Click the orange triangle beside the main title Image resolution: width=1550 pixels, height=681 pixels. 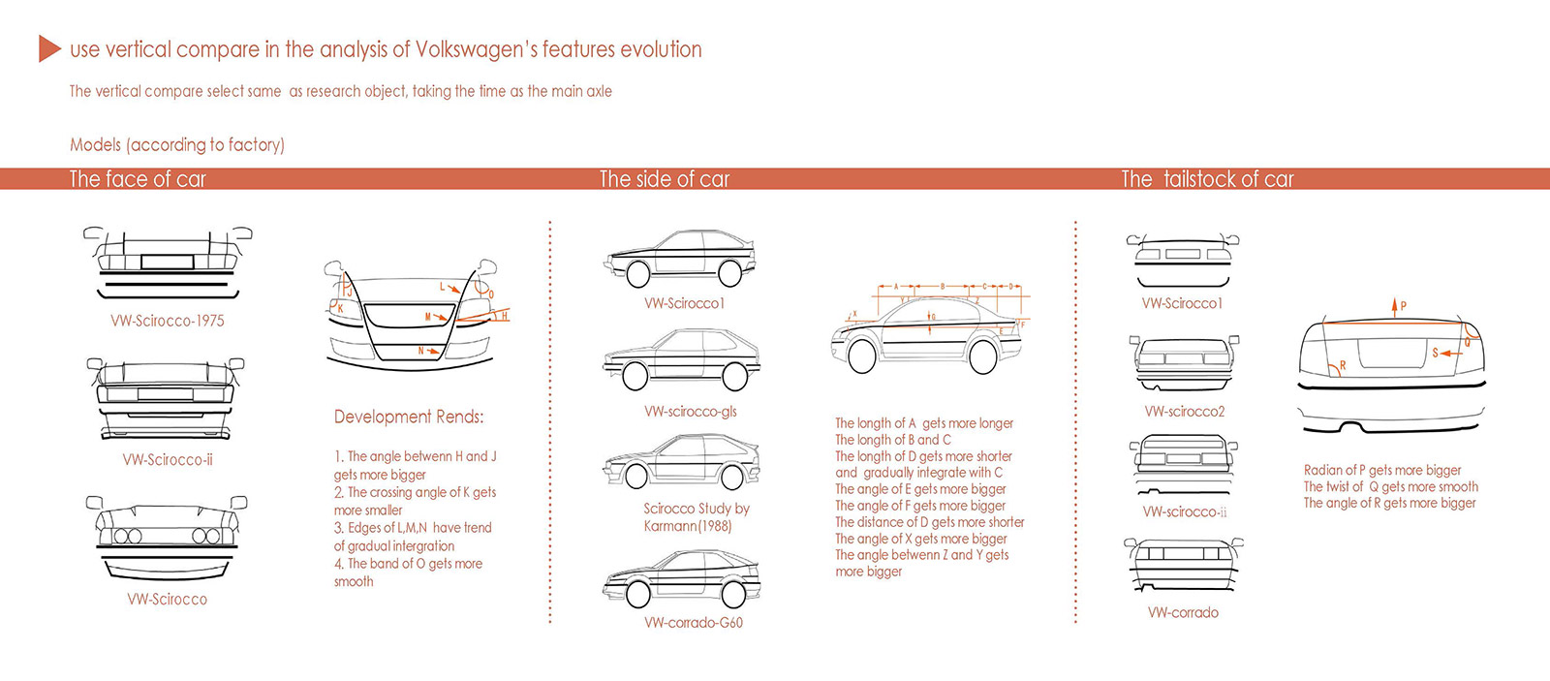click(x=49, y=48)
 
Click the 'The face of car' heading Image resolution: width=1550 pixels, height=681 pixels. click(x=138, y=179)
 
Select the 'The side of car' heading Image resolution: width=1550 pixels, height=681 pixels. click(x=665, y=179)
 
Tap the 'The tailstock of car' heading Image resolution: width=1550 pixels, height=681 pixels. click(x=1207, y=179)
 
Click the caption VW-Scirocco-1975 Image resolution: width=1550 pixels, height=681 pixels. click(x=168, y=321)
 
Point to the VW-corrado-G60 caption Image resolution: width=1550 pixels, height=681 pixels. click(x=694, y=623)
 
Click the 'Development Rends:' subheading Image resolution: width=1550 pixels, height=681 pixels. click(x=409, y=417)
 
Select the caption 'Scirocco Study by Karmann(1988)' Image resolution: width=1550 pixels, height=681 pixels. click(x=696, y=517)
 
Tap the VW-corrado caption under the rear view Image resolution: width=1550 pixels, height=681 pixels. click(x=1183, y=612)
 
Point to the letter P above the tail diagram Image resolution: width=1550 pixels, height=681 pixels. click(x=1403, y=306)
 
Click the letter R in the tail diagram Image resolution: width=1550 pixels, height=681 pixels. click(x=1343, y=365)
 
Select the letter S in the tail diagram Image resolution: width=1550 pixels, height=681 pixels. click(x=1436, y=354)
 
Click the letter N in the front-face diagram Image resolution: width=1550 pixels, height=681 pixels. click(x=421, y=351)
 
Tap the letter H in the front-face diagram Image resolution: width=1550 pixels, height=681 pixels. click(x=504, y=317)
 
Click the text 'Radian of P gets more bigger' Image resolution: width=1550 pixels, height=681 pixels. click(x=1382, y=470)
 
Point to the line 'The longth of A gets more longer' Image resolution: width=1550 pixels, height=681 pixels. click(x=924, y=423)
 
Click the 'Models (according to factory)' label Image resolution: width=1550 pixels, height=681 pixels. click(x=177, y=145)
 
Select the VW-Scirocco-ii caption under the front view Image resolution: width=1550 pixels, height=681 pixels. click(x=168, y=460)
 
